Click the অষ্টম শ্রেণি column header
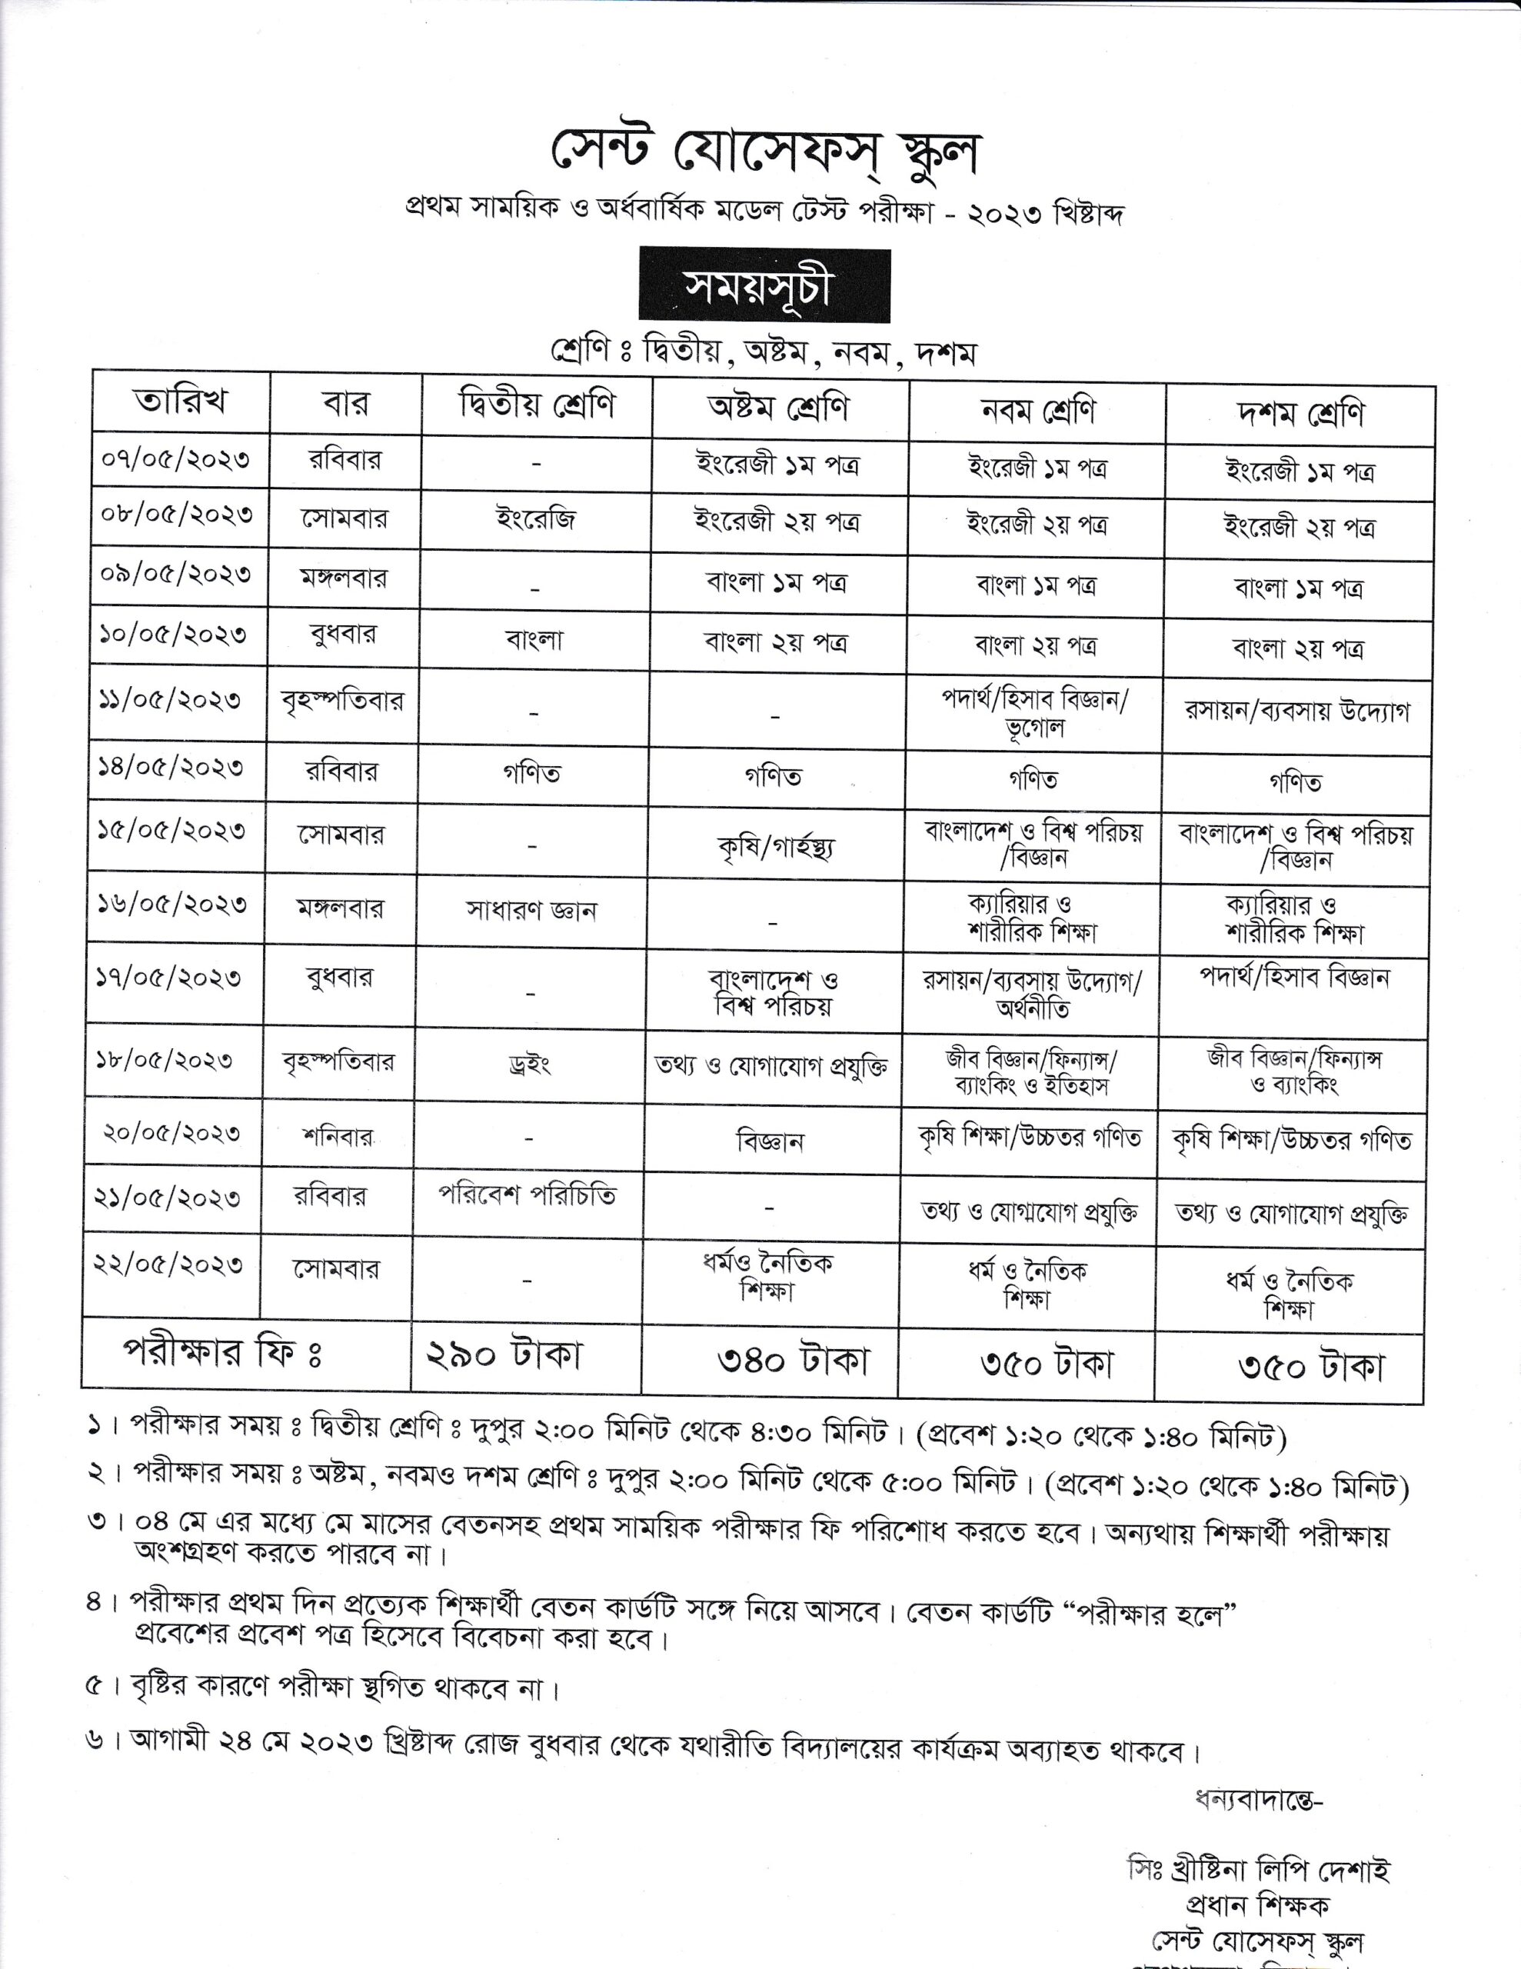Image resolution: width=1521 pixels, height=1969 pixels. tap(778, 408)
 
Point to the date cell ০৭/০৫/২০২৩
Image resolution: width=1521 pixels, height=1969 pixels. tap(176, 460)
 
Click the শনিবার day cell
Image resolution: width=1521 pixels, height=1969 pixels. tap(338, 1137)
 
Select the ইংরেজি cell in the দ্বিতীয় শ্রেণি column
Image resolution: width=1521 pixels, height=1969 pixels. tap(535, 519)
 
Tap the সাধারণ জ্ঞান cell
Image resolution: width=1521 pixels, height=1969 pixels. tap(531, 911)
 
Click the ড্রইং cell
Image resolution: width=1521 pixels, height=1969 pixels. tap(529, 1064)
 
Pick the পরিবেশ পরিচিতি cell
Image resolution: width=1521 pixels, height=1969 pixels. tap(528, 1195)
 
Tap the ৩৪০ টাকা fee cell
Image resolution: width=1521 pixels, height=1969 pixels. tap(794, 1361)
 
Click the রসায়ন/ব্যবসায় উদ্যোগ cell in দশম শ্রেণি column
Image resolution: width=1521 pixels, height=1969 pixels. tap(1296, 711)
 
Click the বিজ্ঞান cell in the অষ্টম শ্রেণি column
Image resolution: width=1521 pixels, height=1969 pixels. tap(770, 1142)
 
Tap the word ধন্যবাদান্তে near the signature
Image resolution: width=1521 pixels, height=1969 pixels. tap(1259, 1800)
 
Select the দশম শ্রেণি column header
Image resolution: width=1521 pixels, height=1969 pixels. tap(1300, 414)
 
